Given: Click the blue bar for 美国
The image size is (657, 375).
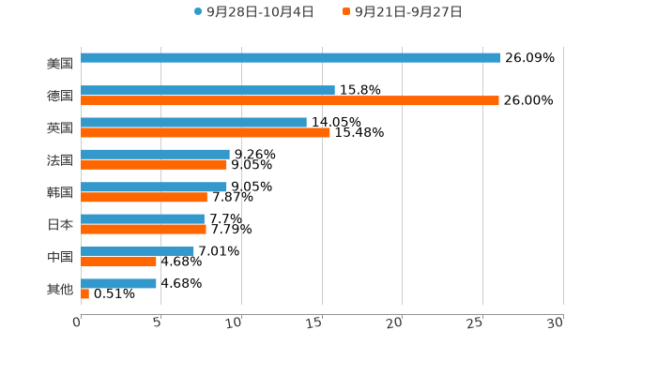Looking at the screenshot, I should [x=291, y=58].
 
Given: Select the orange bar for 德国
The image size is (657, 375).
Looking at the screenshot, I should [x=290, y=100].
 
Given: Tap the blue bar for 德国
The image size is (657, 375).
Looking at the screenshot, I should [x=207, y=90].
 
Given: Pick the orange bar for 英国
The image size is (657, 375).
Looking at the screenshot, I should [x=206, y=133].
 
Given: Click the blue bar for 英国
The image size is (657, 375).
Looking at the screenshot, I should [x=193, y=122].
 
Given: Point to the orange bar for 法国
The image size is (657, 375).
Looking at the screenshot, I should [x=154, y=165].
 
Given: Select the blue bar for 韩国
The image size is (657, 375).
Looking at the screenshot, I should [x=154, y=187].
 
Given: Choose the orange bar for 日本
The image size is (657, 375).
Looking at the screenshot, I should [x=144, y=230].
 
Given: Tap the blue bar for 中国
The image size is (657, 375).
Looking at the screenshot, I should [x=137, y=251].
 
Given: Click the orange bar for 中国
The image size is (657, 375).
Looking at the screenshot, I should [x=118, y=262].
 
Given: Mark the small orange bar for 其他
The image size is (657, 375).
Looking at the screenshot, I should [x=84, y=294].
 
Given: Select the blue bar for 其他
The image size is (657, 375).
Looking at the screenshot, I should [x=118, y=283].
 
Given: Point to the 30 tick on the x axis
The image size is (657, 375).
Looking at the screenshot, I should [x=555, y=322].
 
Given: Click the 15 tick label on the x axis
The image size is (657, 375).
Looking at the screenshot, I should [x=313, y=322].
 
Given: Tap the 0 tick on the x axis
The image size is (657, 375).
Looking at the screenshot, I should [x=77, y=322].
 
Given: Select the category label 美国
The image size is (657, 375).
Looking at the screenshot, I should [x=60, y=64].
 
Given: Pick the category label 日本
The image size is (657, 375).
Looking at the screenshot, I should [x=60, y=225].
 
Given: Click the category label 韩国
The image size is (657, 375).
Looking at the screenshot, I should [x=60, y=192].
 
